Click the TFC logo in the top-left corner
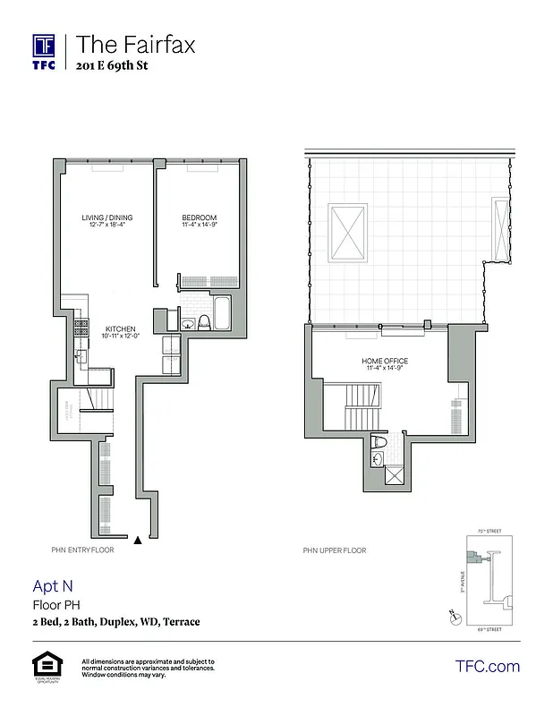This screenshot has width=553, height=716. (x=44, y=51)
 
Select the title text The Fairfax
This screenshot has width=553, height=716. (x=135, y=44)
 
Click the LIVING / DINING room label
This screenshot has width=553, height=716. (x=106, y=221)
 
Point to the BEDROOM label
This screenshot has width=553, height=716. (x=199, y=221)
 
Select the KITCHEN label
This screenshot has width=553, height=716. (x=120, y=331)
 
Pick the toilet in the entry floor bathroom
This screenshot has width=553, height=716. (x=203, y=320)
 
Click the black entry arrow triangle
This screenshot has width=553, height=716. (x=137, y=540)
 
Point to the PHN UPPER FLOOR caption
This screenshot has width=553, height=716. (x=335, y=550)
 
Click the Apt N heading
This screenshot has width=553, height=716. (x=53, y=586)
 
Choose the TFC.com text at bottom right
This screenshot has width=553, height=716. (x=487, y=666)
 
